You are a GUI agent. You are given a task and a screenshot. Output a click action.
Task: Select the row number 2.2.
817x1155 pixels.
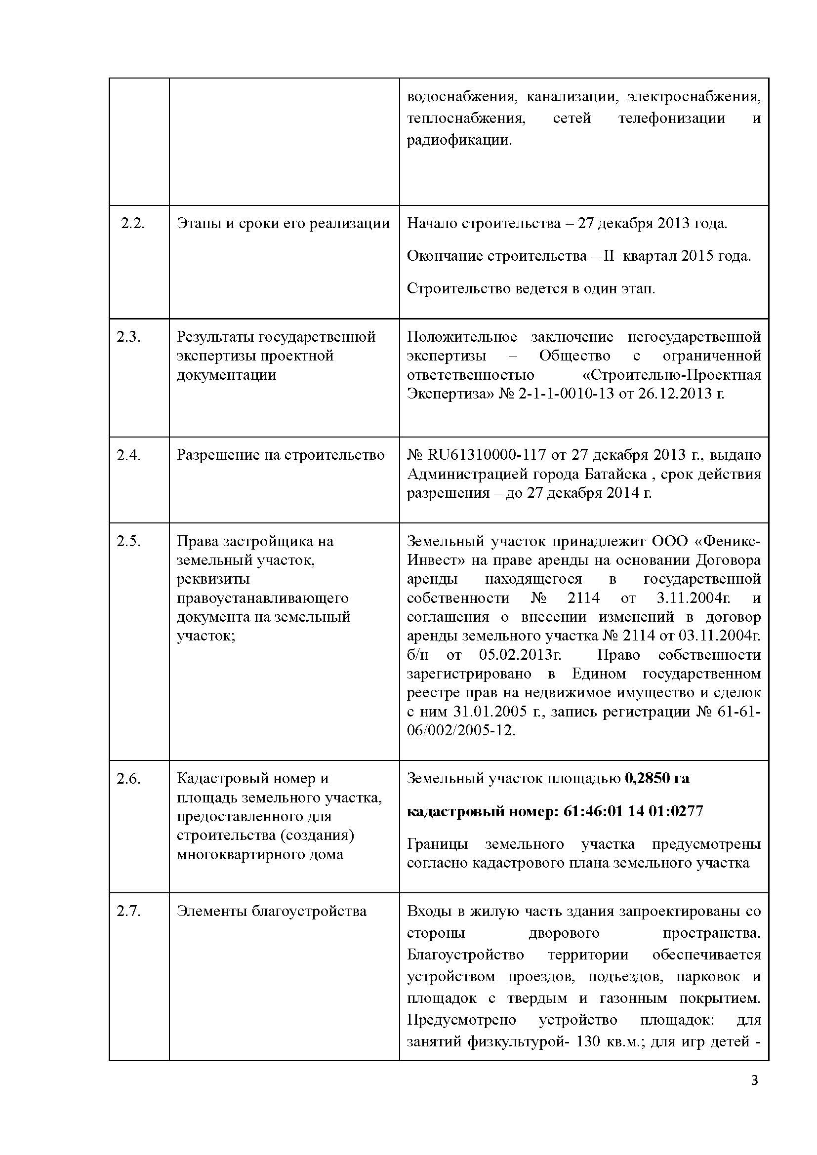133,223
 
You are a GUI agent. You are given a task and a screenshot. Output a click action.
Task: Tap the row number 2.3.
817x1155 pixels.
129,337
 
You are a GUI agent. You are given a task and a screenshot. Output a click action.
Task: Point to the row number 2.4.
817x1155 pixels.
129,455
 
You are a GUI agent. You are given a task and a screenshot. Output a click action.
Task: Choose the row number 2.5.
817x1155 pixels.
129,541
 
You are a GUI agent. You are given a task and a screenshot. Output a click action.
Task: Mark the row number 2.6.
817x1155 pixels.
129,778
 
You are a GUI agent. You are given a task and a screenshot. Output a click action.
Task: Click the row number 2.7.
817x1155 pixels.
129,911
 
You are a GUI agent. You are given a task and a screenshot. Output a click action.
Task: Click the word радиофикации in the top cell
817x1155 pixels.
459,140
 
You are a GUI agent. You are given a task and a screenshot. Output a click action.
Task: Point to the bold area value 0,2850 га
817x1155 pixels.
657,778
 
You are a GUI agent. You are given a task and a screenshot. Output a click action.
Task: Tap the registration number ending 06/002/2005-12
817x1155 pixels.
461,730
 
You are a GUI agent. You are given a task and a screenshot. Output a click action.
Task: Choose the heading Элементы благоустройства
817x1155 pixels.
272,911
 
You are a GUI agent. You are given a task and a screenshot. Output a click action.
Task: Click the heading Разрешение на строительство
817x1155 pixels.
281,455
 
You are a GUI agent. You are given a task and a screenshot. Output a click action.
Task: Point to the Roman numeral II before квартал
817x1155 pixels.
609,256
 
